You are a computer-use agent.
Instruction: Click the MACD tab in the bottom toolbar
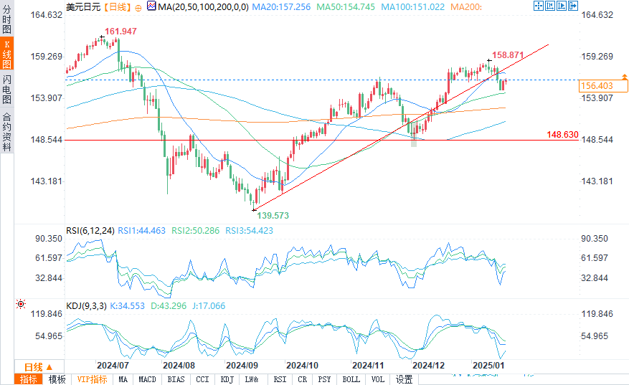[147, 379]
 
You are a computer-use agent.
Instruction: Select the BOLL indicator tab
[351, 379]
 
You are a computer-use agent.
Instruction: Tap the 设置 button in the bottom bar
[404, 379]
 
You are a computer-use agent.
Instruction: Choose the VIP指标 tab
[92, 379]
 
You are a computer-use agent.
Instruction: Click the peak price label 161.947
[120, 32]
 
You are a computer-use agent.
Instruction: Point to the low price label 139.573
[274, 214]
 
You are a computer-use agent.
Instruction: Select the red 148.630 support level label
[562, 134]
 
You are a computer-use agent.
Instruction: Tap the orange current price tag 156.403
[597, 86]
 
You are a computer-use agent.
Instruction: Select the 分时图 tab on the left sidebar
[7, 21]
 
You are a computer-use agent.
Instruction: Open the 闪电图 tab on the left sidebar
[7, 89]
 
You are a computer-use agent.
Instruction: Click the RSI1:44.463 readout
[141, 231]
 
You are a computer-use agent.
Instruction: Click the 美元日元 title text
[82, 6]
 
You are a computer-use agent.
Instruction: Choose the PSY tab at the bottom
[325, 379]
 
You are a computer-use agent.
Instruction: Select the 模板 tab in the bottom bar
[57, 379]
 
